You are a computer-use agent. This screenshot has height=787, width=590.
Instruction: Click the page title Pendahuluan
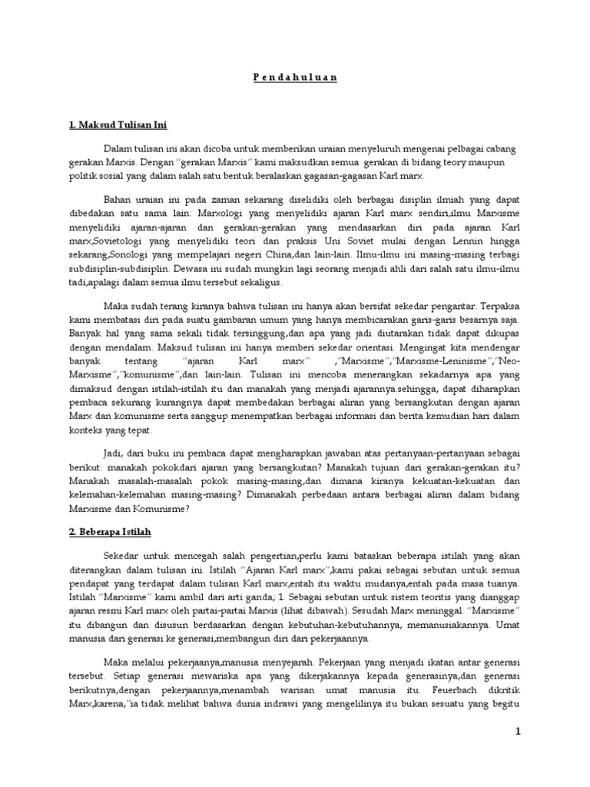tap(295, 78)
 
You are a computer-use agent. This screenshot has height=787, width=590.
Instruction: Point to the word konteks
tap(81, 430)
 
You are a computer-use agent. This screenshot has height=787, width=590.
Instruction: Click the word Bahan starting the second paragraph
tap(119, 199)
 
